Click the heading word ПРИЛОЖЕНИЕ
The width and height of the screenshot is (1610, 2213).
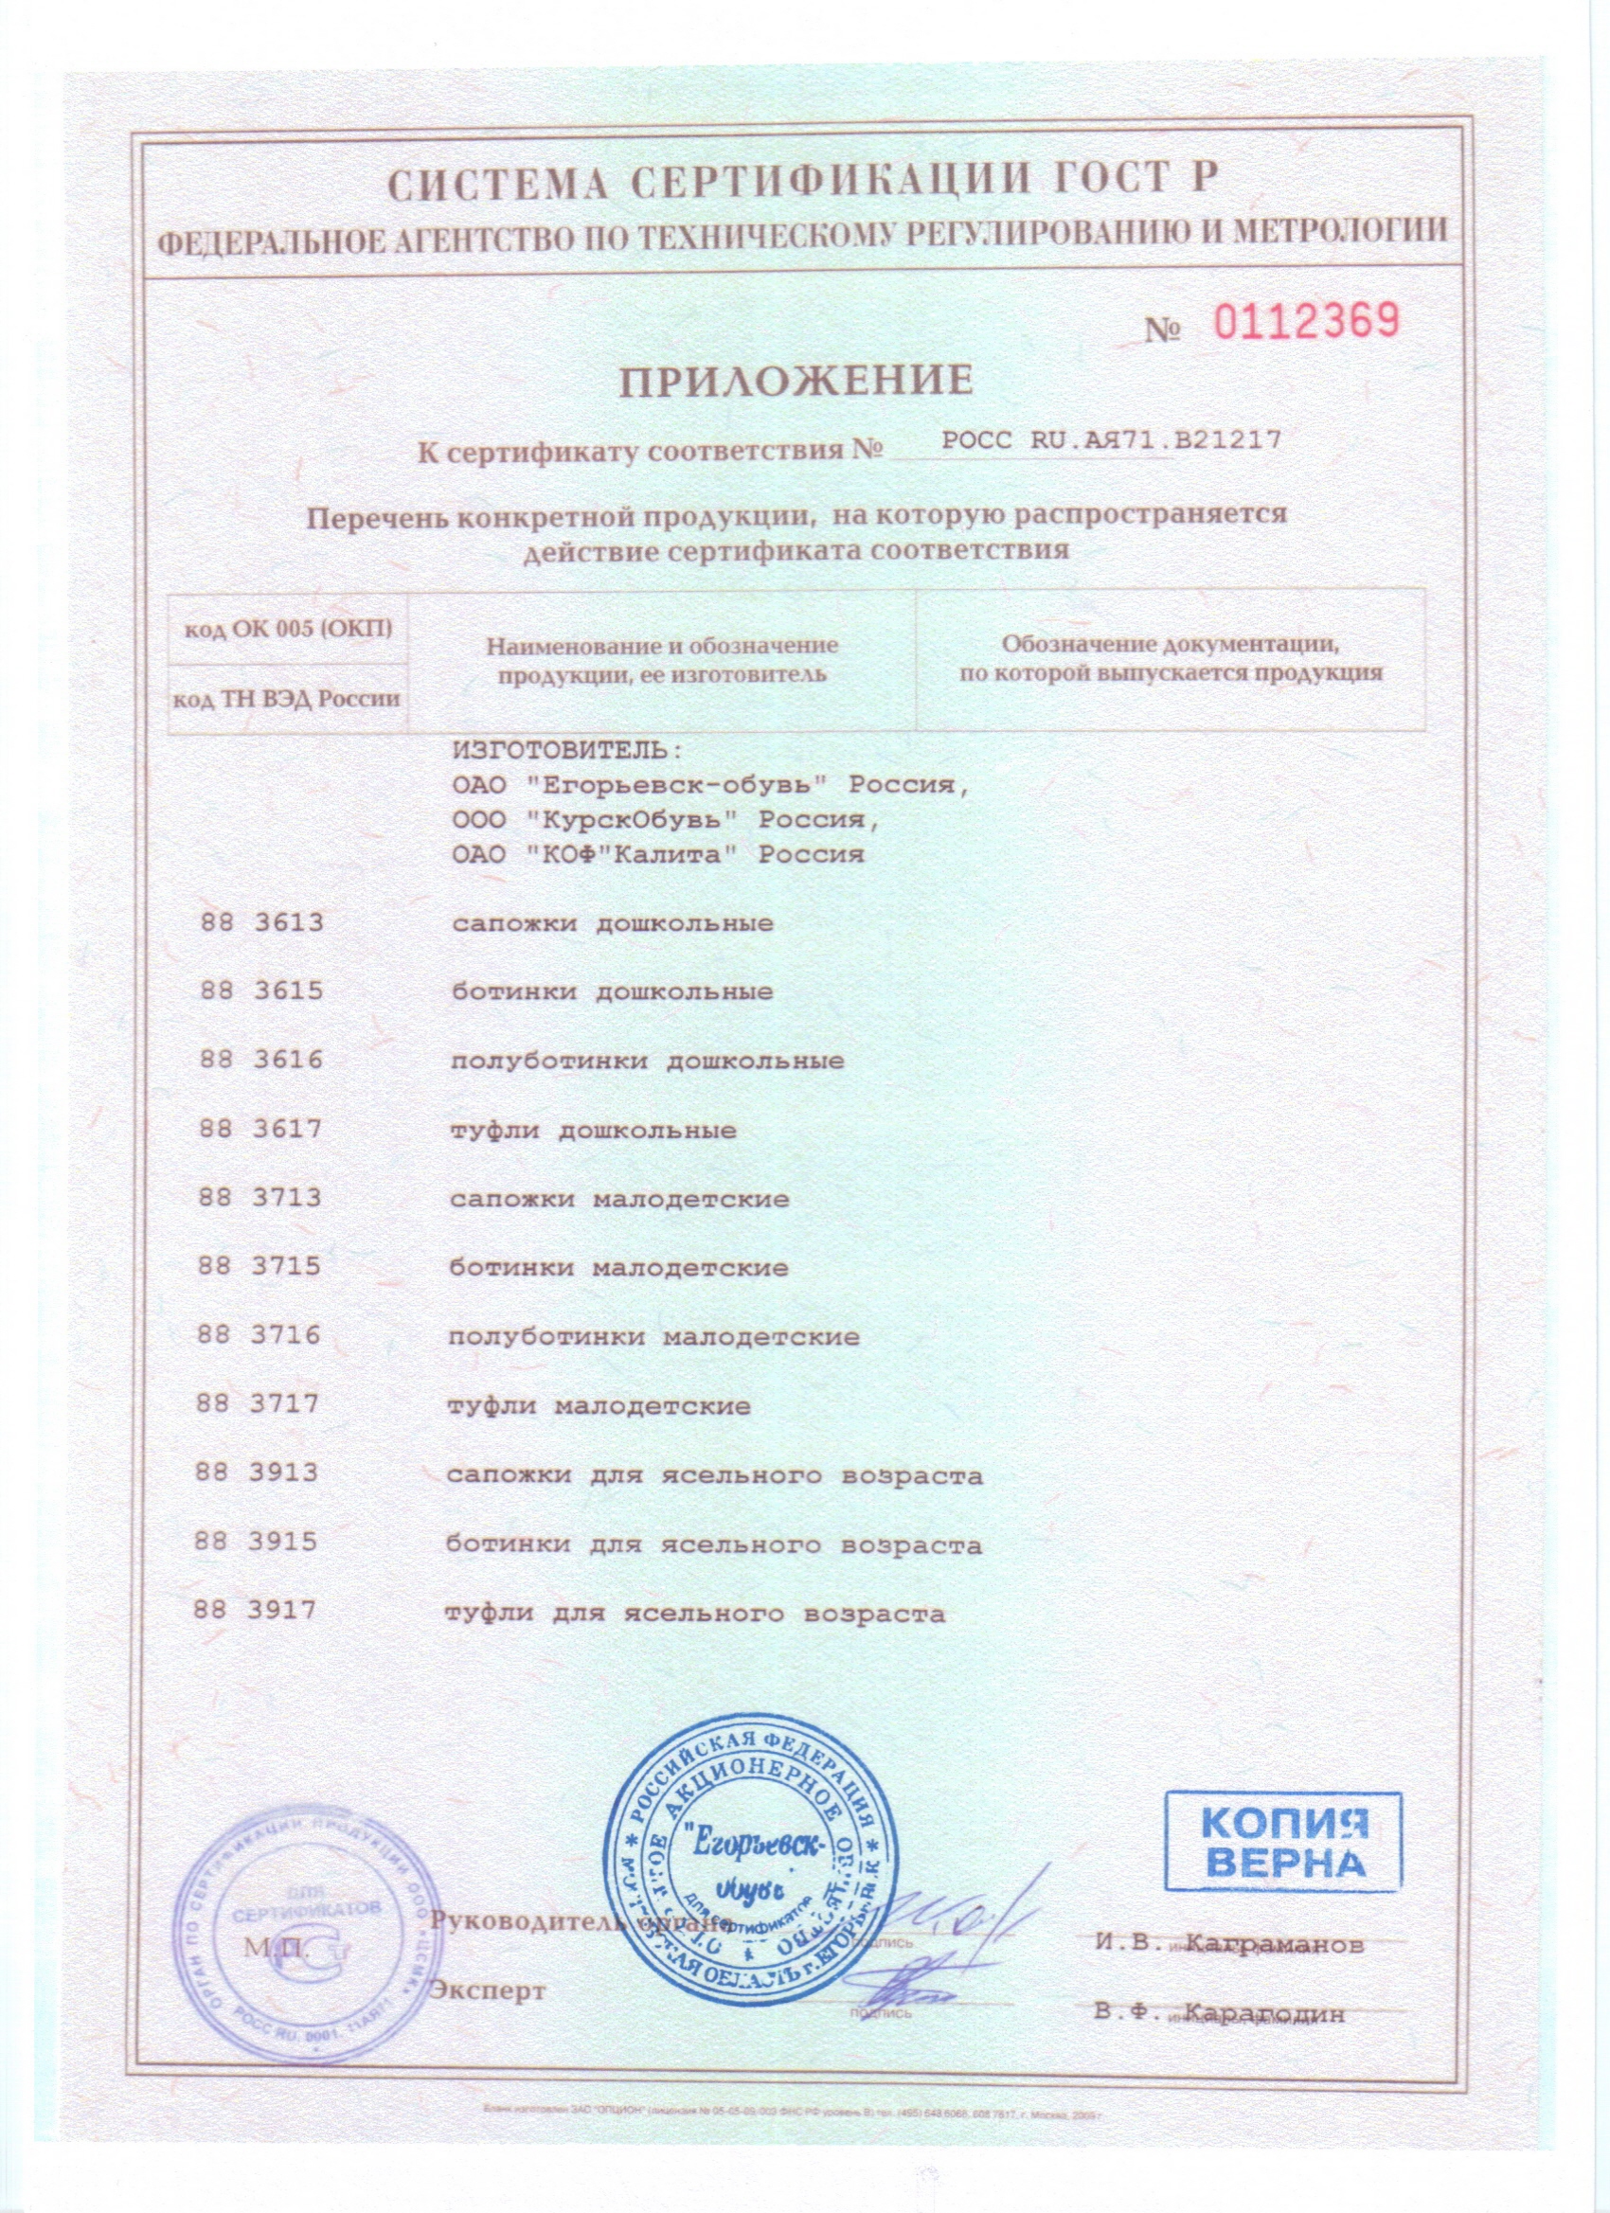click(797, 381)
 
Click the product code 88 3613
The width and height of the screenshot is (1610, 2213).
click(261, 923)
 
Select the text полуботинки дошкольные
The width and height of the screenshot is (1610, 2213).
click(647, 1061)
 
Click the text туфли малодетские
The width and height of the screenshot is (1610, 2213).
click(599, 1406)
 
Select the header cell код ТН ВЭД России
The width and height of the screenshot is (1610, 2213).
click(287, 699)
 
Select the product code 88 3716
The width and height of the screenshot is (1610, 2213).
click(259, 1336)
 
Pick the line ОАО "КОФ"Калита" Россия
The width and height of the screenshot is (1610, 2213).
click(658, 855)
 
